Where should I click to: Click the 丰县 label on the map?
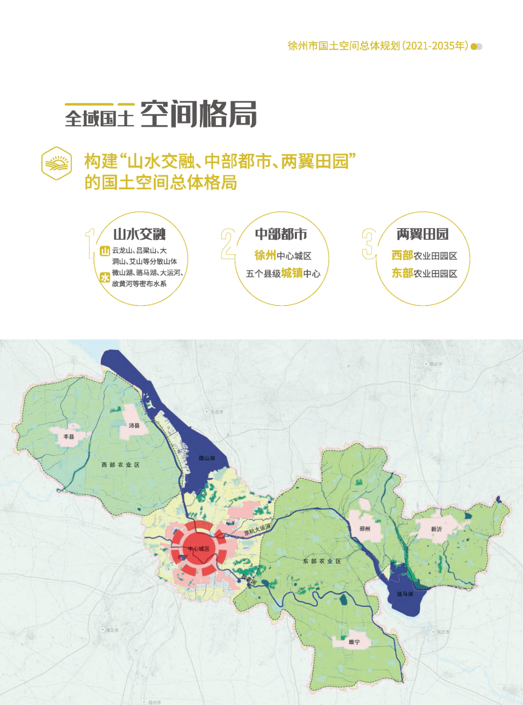tap(69, 437)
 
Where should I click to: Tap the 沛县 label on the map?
tap(134, 426)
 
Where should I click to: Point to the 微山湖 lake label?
tap(207, 458)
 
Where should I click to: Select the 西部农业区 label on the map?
tap(121, 465)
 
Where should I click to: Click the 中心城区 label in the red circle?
tap(199, 549)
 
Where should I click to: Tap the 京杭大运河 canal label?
tap(257, 530)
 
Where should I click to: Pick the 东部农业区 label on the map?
tap(322, 561)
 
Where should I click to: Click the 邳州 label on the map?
tap(365, 529)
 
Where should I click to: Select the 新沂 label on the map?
tap(436, 529)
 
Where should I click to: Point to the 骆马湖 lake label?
tap(405, 594)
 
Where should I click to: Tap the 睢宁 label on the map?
tap(354, 642)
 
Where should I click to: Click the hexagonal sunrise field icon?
tap(57, 163)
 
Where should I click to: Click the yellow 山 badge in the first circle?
tap(105, 251)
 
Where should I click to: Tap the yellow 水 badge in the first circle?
tap(105, 277)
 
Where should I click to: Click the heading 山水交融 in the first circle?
tap(139, 234)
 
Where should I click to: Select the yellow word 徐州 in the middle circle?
tap(265, 255)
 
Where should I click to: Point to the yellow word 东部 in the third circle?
tap(402, 273)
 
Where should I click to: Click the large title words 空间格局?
tap(199, 115)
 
